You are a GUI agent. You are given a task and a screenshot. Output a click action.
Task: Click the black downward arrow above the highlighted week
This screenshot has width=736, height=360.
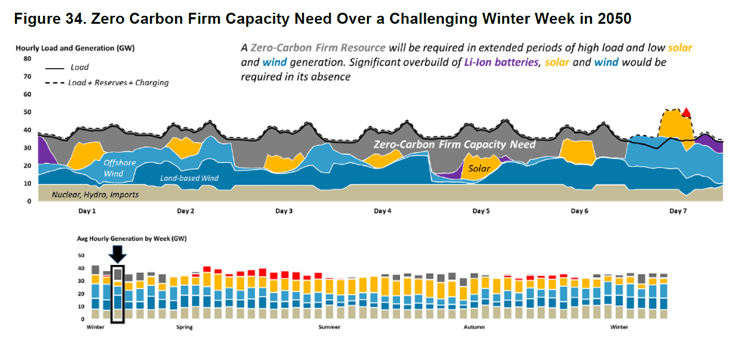coord(117,253)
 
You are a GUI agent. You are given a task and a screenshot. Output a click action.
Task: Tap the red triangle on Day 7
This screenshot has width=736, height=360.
coord(686,113)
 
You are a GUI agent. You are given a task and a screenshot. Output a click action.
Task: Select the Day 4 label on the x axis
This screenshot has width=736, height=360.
coord(383,212)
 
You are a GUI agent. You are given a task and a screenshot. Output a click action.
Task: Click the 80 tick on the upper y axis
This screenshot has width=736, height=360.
coord(28,58)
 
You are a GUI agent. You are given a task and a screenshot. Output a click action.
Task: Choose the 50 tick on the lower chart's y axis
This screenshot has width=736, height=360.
coord(82,256)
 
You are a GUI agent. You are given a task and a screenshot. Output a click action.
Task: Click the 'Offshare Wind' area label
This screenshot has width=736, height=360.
coord(119,168)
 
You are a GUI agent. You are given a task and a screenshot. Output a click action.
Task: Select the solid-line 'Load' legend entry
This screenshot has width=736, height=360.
coord(79,67)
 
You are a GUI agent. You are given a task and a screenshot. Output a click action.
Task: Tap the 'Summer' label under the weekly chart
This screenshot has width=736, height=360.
coord(329,328)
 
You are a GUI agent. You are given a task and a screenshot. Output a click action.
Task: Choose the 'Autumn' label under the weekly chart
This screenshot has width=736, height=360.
coord(474,328)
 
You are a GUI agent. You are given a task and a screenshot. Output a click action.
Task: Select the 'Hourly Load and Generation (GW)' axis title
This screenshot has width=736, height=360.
coord(65,48)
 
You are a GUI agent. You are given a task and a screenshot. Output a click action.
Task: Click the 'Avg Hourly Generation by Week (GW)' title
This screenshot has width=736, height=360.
coord(131,238)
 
